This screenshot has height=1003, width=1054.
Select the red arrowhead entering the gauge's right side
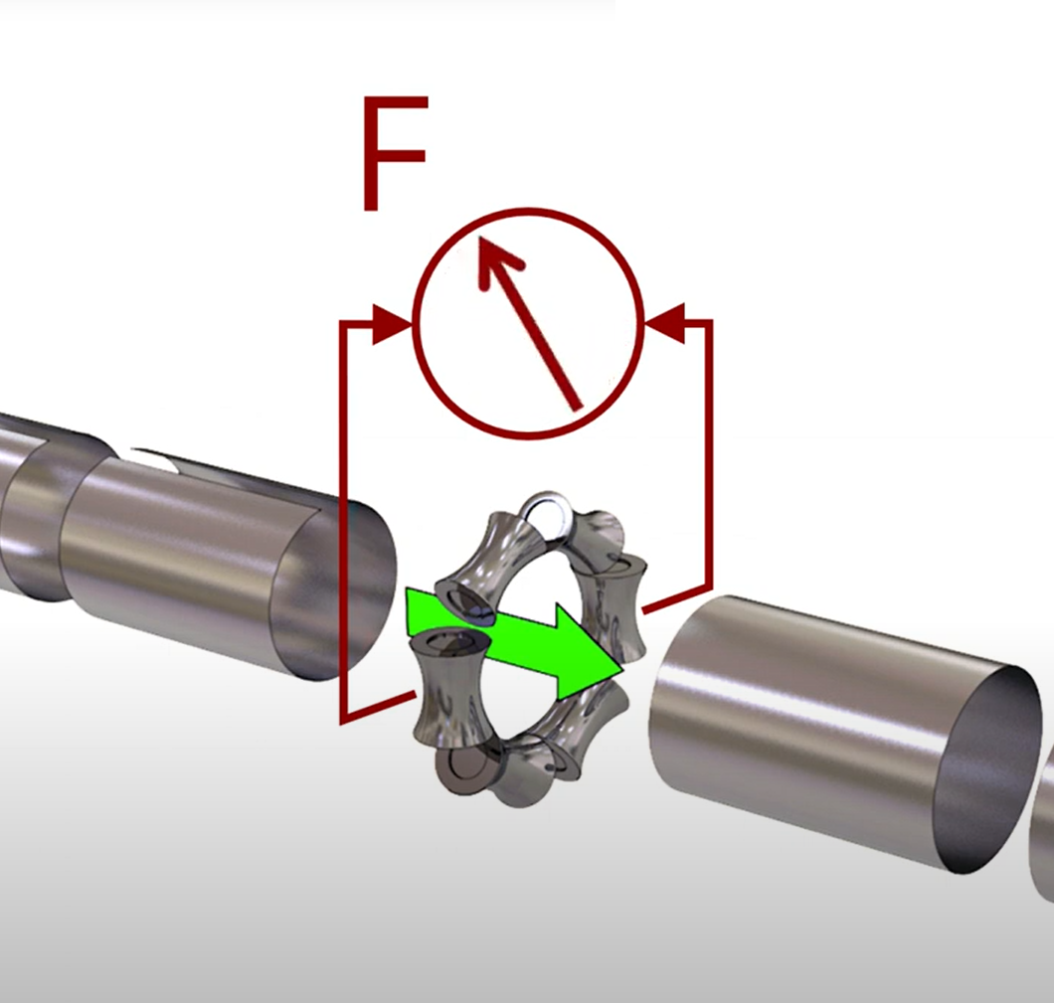click(x=664, y=323)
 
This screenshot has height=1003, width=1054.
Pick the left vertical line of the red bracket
click(x=342, y=517)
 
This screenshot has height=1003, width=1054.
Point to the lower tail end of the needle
click(x=577, y=406)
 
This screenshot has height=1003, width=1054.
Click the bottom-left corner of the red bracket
click(x=343, y=719)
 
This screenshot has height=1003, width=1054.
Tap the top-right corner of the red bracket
click(x=709, y=322)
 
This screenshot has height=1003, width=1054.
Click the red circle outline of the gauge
click(x=528, y=212)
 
